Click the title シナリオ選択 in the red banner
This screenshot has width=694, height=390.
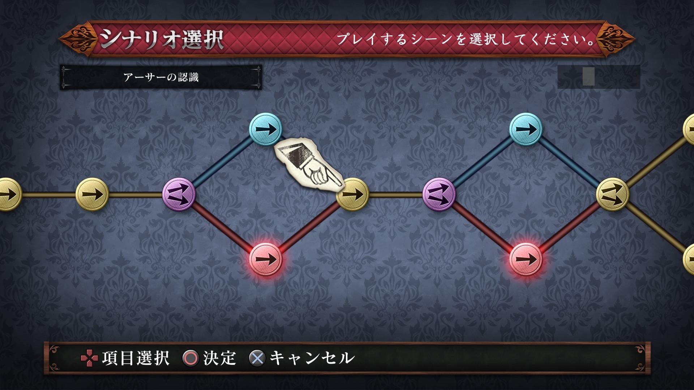tap(162, 39)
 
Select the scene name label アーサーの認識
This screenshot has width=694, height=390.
tap(161, 77)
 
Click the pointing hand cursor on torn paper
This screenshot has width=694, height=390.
tap(309, 165)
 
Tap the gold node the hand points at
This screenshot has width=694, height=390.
tap(352, 194)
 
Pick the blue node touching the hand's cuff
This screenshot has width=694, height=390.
tap(266, 129)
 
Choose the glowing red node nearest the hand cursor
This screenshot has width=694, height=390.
tap(266, 259)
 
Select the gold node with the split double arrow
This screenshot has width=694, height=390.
tap(613, 194)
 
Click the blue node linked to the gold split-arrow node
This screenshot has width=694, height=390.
tap(526, 129)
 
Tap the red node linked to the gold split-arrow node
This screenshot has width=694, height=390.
tap(526, 259)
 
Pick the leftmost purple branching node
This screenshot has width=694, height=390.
tap(179, 194)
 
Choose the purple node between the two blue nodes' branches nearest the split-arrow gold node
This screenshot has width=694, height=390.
tap(439, 194)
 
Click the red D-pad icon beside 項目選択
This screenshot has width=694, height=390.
tap(89, 358)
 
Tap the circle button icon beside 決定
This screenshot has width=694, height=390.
tap(190, 358)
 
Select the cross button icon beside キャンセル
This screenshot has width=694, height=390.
tap(257, 358)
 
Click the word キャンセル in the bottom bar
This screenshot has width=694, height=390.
tap(312, 358)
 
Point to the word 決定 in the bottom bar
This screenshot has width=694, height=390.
tap(219, 358)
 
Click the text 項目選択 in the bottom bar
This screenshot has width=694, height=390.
tap(136, 358)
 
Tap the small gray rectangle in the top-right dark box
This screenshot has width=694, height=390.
tap(588, 76)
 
